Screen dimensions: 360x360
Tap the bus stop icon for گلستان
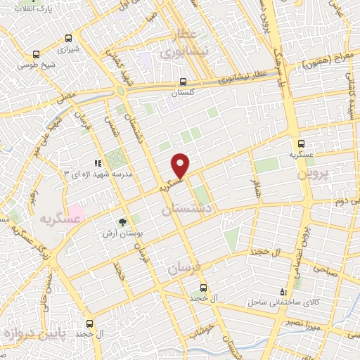coord(184,81)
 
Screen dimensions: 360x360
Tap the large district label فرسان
coord(184,266)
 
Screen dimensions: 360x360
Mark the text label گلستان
coord(184,92)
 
